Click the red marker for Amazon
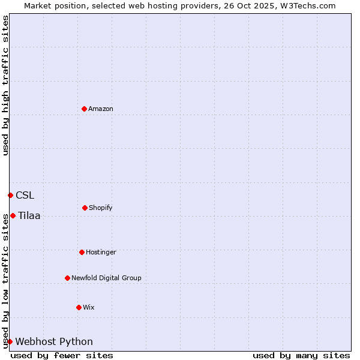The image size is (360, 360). click(84, 109)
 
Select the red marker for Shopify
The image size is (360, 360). click(85, 208)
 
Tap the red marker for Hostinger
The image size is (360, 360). click(82, 252)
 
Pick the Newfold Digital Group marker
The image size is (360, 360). click(67, 278)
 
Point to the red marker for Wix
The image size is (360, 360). click(79, 307)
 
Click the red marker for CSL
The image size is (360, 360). click(10, 195)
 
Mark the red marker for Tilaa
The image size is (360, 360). click(13, 215)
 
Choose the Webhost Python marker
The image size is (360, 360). click(10, 341)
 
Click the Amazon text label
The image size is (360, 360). click(101, 109)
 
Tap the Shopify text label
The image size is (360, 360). click(101, 208)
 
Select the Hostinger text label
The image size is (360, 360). click(101, 252)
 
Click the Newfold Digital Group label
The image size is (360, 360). click(106, 278)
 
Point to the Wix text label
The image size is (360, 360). click(89, 307)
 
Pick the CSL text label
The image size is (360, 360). click(25, 195)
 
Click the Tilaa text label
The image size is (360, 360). click(29, 215)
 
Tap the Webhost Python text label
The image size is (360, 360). click(54, 341)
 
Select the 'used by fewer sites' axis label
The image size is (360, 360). click(62, 355)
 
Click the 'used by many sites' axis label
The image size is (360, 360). click(301, 355)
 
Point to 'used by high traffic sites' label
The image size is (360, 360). click(5, 85)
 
